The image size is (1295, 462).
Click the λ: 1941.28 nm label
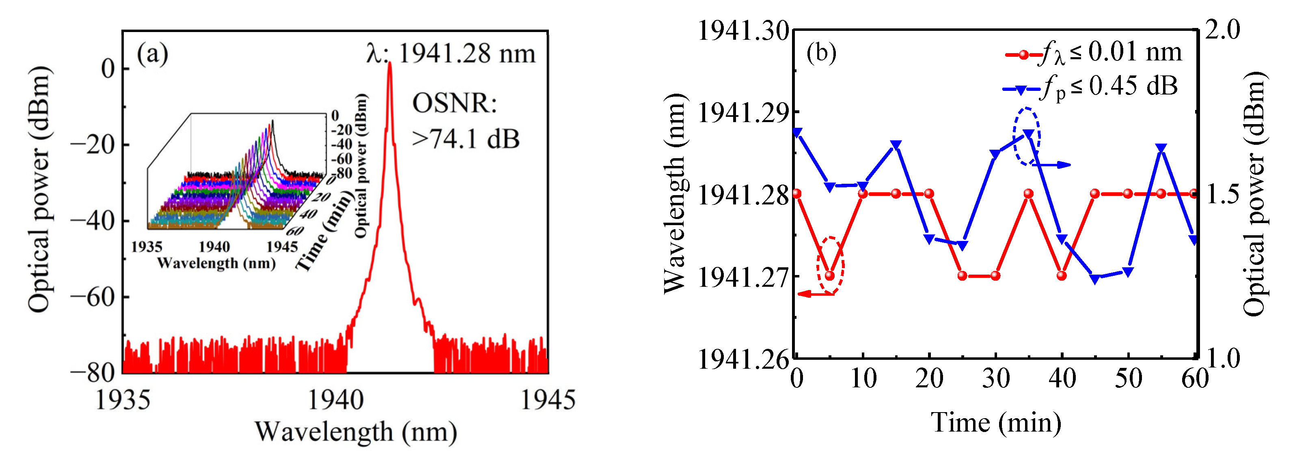click(x=451, y=54)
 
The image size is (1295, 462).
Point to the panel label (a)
click(x=152, y=53)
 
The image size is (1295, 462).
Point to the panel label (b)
click(x=821, y=52)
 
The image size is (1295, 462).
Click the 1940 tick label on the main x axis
click(x=335, y=400)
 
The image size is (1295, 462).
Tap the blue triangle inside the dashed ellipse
click(x=1029, y=134)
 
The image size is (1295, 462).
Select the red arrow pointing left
click(x=814, y=294)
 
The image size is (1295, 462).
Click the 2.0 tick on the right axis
click(x=1223, y=30)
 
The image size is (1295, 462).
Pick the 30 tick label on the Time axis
click(x=995, y=378)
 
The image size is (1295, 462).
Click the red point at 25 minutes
click(x=962, y=276)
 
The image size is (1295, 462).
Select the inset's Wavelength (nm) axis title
click(x=216, y=263)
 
